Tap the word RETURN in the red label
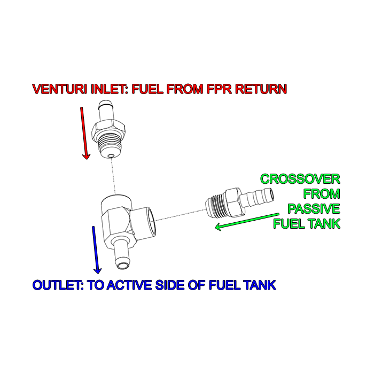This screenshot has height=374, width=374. point(261,89)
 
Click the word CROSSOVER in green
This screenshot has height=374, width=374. point(300,179)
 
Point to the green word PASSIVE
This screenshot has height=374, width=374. point(314,209)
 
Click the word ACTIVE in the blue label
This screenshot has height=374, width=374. point(129,285)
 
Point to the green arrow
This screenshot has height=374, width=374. point(247,221)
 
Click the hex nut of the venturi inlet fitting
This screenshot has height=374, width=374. point(108,130)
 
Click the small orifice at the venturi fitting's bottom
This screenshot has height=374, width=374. point(110,156)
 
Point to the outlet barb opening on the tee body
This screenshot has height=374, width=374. point(123,265)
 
